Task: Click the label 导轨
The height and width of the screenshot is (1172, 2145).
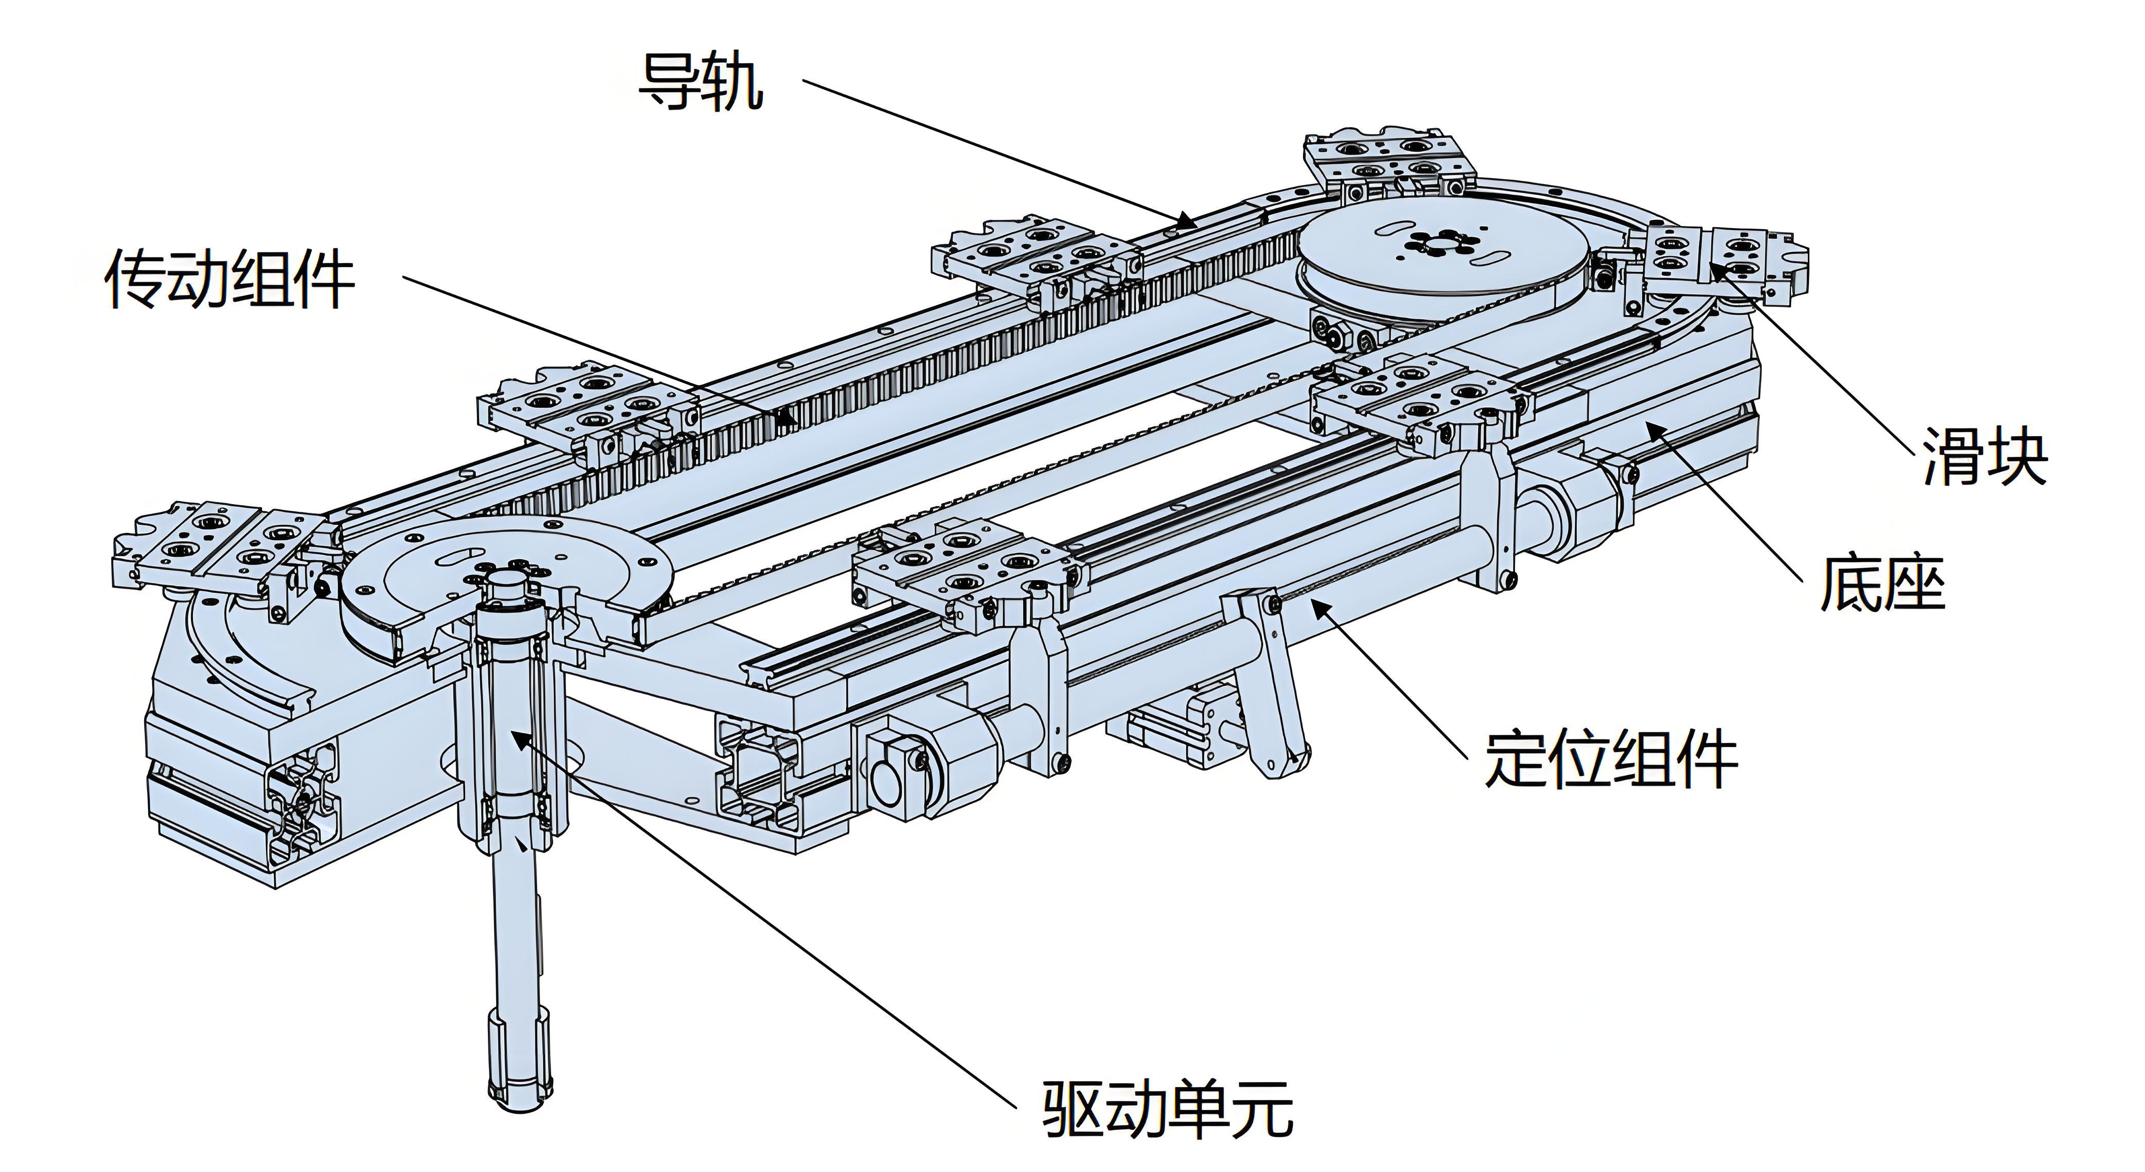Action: click(x=700, y=82)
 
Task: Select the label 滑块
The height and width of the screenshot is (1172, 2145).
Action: click(x=1984, y=456)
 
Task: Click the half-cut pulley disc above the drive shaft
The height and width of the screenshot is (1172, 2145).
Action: click(x=500, y=575)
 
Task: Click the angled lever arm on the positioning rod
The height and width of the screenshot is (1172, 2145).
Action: click(x=1270, y=683)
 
